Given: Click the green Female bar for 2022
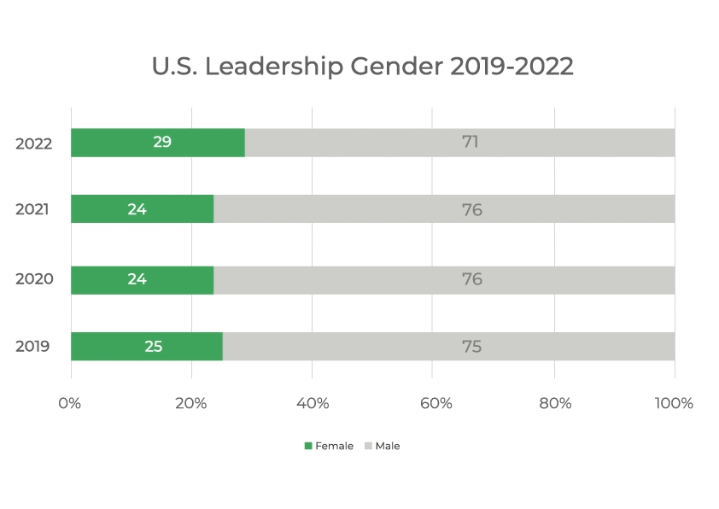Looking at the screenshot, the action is click(158, 143).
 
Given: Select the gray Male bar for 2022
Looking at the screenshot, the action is click(460, 143).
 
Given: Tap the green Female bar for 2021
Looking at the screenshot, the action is click(142, 208).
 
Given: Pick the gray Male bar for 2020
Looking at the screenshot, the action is click(444, 280).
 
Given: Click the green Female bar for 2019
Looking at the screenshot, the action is click(147, 346).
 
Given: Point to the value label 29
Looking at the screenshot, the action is click(162, 142).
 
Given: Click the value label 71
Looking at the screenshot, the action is click(471, 142).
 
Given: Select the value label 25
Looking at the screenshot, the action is click(154, 346).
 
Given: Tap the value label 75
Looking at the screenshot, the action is click(472, 346).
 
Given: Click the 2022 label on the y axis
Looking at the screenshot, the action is click(34, 143).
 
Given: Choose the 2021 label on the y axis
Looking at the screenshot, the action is click(32, 209).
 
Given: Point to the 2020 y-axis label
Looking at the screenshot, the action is click(34, 278).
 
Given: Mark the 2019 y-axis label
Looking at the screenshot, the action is click(32, 346).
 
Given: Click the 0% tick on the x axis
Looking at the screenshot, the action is click(70, 403).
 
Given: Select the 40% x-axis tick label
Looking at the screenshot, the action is click(313, 403).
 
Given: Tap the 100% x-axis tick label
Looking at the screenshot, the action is click(674, 403).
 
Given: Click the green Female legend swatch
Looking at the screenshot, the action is click(308, 446).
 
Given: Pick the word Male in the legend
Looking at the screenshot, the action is click(388, 446).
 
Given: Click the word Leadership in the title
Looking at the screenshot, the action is click(274, 67).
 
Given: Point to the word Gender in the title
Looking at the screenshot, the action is click(397, 67).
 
